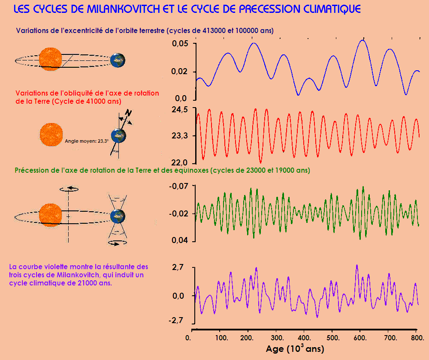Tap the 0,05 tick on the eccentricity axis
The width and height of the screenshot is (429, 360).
pyautogui.click(x=180, y=44)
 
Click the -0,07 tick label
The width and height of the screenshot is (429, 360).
pyautogui.click(x=179, y=186)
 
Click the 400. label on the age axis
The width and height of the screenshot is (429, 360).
pyautogui.click(x=304, y=338)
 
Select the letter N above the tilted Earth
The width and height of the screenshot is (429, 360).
pyautogui.click(x=127, y=112)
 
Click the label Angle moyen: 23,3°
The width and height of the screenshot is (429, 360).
pyautogui.click(x=87, y=140)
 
